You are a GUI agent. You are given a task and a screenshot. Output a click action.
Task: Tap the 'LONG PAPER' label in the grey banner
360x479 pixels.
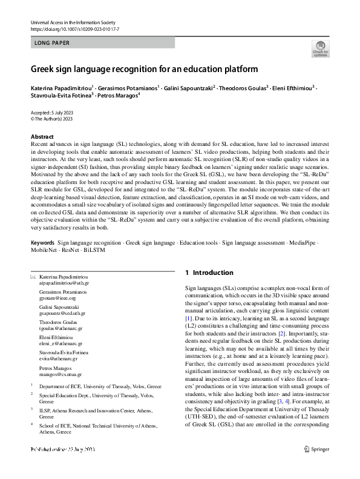(x=53, y=43)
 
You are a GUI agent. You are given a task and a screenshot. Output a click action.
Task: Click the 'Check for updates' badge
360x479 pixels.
(x=319, y=48)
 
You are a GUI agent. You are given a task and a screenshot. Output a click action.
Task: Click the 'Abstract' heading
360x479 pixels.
(x=42, y=137)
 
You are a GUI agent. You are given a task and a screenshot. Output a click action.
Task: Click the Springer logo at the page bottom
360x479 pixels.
(x=316, y=466)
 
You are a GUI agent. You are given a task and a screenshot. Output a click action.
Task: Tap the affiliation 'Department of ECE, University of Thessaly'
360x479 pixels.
(x=100, y=386)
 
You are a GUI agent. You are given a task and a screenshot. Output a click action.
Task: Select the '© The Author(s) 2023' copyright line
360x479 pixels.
(x=51, y=119)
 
